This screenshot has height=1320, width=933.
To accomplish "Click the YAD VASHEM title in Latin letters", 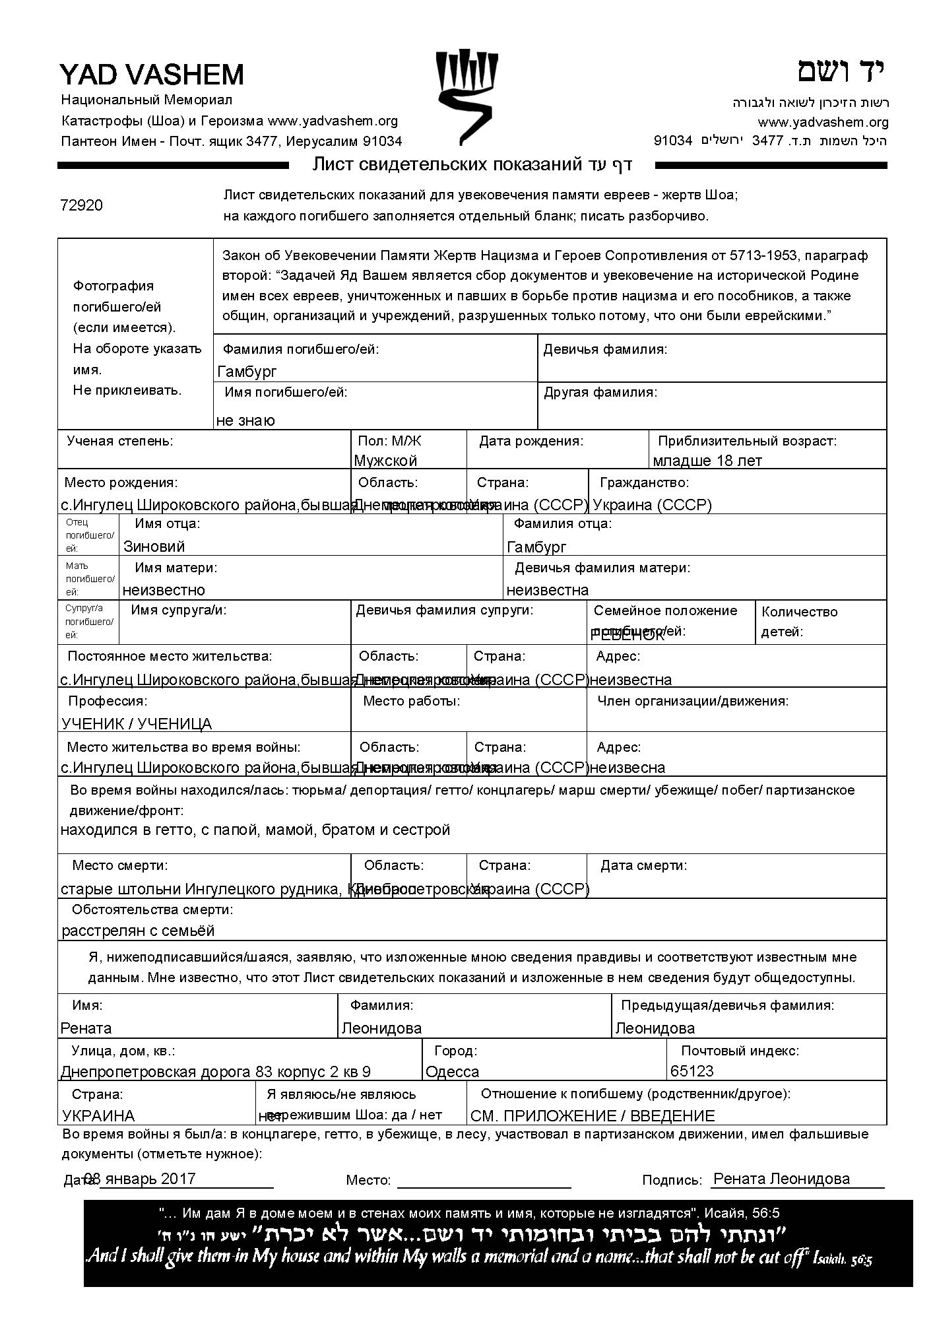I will (152, 75).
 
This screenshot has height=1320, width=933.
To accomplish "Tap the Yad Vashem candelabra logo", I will (466, 98).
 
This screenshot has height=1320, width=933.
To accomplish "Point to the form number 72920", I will (81, 205).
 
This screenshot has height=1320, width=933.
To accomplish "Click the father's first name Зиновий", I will (154, 546).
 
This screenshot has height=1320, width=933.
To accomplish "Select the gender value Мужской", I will (385, 461).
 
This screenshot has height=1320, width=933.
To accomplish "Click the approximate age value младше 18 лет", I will (707, 461).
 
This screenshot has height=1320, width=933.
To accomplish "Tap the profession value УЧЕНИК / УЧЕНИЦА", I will (137, 724).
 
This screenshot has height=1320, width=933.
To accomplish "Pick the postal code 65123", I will (692, 1071).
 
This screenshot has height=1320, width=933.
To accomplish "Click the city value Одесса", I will (453, 1071).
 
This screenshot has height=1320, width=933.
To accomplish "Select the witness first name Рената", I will (86, 1028).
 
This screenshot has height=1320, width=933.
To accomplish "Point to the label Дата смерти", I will (643, 865).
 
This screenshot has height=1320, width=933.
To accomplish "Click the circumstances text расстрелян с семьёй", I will (139, 931).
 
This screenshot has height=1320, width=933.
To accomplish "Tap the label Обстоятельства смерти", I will (152, 909).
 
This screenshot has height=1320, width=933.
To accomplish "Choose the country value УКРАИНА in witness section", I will (98, 1116).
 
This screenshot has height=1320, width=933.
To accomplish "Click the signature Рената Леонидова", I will (782, 1179).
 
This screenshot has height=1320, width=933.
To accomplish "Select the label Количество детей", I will (799, 621).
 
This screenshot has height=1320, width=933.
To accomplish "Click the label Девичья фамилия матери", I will (602, 568).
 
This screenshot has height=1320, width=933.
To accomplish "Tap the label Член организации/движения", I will (693, 701).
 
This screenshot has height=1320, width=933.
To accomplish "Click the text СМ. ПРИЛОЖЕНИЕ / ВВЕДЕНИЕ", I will (593, 1116).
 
